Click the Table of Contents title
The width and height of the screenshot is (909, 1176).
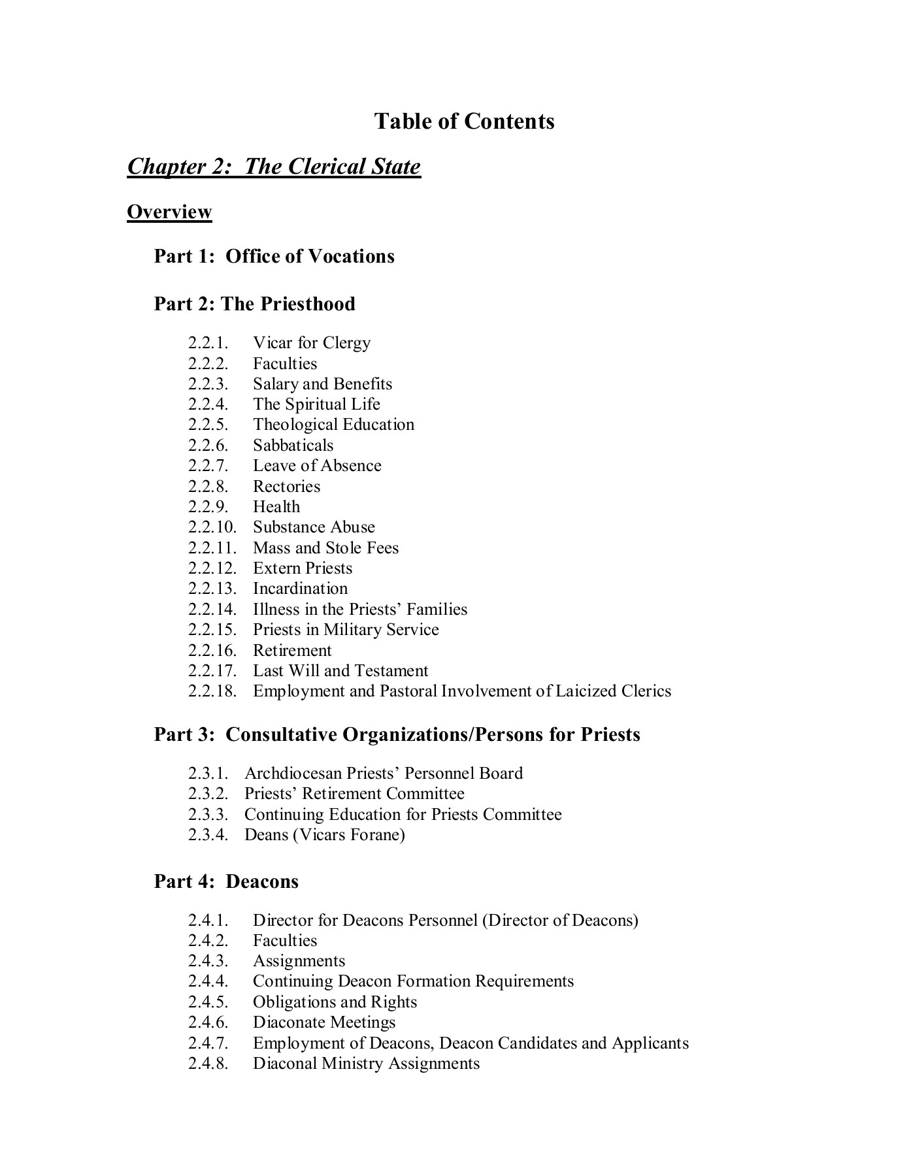(x=464, y=122)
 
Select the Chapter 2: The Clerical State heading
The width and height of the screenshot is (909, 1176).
(x=274, y=167)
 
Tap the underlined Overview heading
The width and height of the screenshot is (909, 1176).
(x=169, y=212)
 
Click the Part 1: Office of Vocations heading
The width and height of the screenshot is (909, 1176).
(x=274, y=256)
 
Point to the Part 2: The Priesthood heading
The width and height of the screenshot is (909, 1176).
(x=254, y=304)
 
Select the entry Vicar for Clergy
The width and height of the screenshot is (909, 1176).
(x=311, y=343)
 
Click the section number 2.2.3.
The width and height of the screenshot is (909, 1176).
(x=208, y=384)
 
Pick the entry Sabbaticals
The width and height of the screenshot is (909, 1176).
(x=293, y=446)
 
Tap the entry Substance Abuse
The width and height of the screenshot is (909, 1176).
(x=314, y=527)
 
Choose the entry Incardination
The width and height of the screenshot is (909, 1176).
(x=300, y=589)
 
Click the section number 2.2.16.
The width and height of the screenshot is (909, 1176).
(x=212, y=651)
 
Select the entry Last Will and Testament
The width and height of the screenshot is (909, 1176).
(x=340, y=671)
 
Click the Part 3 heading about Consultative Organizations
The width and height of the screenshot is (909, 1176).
(x=397, y=734)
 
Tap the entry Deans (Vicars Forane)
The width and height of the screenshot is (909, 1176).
(x=324, y=835)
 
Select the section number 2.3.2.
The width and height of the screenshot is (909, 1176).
(x=208, y=794)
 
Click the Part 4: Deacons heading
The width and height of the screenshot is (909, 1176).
(x=226, y=881)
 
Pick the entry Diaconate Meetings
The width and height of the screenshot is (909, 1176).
(x=324, y=1022)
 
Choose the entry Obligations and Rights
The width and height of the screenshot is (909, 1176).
(x=335, y=1002)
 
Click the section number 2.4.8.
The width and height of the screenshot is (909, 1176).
(x=208, y=1064)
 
